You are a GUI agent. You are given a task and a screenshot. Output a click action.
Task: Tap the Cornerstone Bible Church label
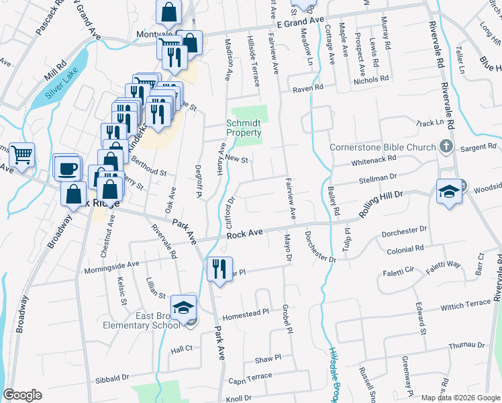tap(383, 148)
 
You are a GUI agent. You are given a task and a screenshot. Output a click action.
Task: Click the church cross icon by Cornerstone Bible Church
tap(445, 146)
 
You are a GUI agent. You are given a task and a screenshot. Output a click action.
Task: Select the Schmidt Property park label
tap(243, 128)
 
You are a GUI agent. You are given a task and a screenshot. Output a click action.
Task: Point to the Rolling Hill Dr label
tap(380, 202)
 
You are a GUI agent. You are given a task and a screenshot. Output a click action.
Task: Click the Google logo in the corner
tap(22, 395)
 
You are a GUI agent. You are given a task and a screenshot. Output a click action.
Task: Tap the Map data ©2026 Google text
tap(460, 398)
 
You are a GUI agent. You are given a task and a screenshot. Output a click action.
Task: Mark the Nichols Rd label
tap(372, 79)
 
